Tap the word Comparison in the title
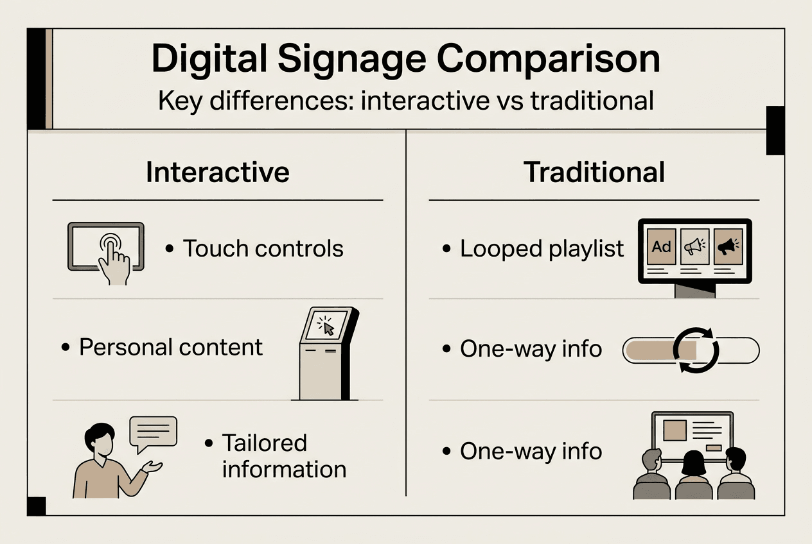coord(549,59)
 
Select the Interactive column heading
coord(217,173)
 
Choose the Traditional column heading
coord(594,173)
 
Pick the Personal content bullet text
coord(171,348)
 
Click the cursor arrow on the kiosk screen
coord(329,329)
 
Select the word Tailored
coord(265,443)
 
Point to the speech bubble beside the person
coord(153,432)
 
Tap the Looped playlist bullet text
coord(542,249)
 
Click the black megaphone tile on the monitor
coord(728,246)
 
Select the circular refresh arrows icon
coord(695,350)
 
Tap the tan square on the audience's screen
coord(676,430)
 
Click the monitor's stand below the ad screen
coord(695,291)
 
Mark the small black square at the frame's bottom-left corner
coord(36,506)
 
